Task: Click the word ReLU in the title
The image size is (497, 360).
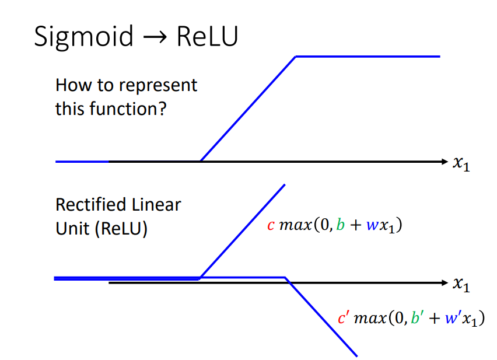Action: click(x=207, y=36)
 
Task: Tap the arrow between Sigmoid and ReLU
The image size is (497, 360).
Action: click(x=155, y=38)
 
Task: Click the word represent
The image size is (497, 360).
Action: click(x=158, y=86)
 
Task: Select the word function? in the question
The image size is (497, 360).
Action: click(x=128, y=109)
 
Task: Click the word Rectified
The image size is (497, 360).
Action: click(x=91, y=205)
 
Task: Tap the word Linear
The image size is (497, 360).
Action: click(x=156, y=205)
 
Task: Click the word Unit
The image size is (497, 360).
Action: click(x=72, y=228)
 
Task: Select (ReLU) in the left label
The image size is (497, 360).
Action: click(x=121, y=229)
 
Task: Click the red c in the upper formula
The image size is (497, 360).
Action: click(x=271, y=226)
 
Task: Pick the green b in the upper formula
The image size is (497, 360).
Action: click(x=341, y=225)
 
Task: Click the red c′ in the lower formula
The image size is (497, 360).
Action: click(x=344, y=317)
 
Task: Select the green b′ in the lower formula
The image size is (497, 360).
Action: click(x=417, y=317)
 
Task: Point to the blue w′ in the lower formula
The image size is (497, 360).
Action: click(x=453, y=317)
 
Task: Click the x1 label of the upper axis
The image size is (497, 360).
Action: click(x=461, y=164)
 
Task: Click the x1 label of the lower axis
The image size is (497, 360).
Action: click(x=461, y=285)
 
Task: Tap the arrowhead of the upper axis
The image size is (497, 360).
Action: click(x=444, y=162)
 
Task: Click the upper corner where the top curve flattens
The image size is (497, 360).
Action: click(x=296, y=57)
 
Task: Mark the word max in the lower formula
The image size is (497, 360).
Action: click(x=370, y=318)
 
